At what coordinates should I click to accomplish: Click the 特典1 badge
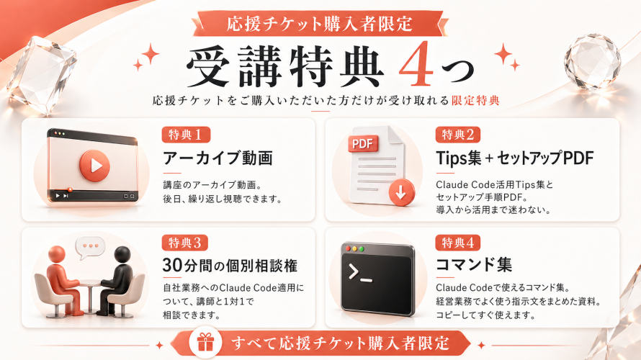coord(186,135)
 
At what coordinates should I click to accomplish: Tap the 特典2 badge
coord(458,135)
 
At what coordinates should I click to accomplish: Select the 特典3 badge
coord(185,243)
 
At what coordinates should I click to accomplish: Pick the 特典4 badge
coord(458,243)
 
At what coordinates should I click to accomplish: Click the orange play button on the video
coord(94,166)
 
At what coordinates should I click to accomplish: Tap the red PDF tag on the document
coord(362,144)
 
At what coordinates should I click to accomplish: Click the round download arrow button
coord(401,192)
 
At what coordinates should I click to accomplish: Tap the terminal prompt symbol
coord(359,273)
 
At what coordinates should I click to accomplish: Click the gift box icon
coord(206,343)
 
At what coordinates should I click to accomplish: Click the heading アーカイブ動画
coord(218,158)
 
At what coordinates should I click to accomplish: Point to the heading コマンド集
coord(474,264)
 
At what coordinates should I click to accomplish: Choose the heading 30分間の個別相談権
coord(230,266)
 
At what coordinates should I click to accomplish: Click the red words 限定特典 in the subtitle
coord(475,101)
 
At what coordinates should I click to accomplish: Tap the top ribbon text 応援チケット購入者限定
coord(319,24)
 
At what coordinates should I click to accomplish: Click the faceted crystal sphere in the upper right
coord(592,62)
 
